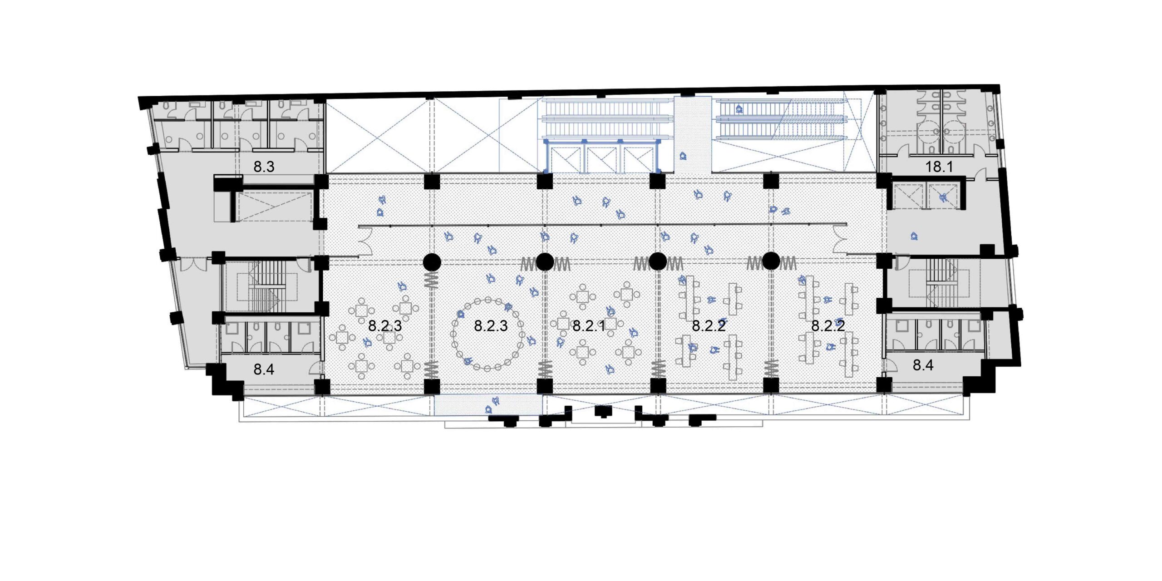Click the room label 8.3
(x=264, y=167)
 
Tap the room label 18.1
(x=939, y=167)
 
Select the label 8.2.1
(x=589, y=325)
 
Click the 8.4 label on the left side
(x=264, y=369)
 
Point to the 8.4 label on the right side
(x=923, y=365)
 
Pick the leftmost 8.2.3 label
(x=385, y=325)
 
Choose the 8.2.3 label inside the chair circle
(x=491, y=325)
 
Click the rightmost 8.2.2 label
(x=828, y=325)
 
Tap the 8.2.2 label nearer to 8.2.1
(x=709, y=325)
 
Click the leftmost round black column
(x=432, y=262)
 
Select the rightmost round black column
(x=771, y=261)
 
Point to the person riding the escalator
(x=739, y=109)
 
